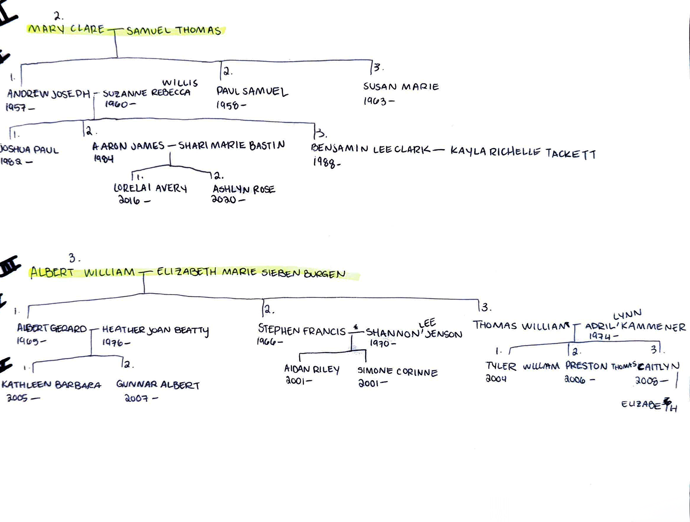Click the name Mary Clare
point(66,29)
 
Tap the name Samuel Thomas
point(174,31)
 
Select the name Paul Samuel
point(252,92)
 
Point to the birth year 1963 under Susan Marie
point(375,101)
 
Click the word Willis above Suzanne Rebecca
point(180,83)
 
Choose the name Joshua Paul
point(29,149)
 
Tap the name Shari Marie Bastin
point(231,145)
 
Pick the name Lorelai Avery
point(150,188)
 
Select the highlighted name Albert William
point(82,272)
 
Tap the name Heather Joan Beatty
point(155,330)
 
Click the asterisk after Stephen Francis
point(356,327)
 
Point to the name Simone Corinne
point(397,372)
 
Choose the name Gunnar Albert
point(158,384)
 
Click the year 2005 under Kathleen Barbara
point(17,398)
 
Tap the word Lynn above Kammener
point(627,314)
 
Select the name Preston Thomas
point(600,366)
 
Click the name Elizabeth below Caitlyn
point(649,405)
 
